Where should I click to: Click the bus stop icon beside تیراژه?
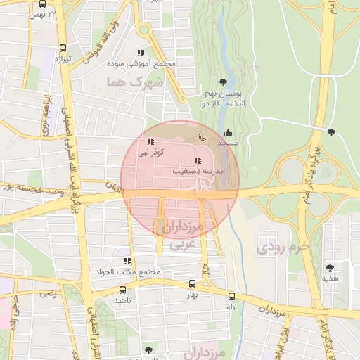64,49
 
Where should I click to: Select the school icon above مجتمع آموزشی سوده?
141,53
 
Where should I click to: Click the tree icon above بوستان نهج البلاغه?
224,82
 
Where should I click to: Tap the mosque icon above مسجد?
228,132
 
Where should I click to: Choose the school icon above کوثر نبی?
150,141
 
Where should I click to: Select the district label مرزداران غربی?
180,235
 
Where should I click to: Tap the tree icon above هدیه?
329,268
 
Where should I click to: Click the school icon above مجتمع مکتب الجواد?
127,262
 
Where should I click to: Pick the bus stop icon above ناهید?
123,290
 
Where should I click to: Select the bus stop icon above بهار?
193,285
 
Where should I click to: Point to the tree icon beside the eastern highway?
331,131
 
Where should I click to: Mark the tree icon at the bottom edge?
147,349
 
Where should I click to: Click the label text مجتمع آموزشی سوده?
145,63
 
